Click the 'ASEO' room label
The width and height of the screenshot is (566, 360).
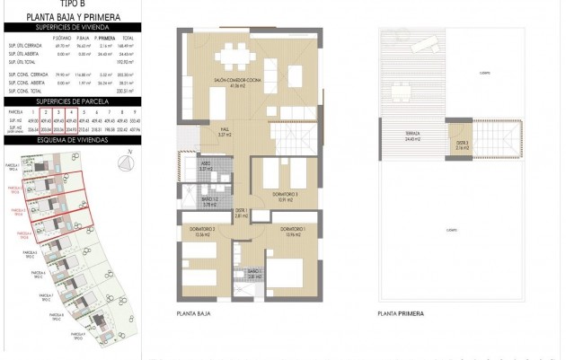(205, 167)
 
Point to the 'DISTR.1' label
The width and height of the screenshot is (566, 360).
(240, 214)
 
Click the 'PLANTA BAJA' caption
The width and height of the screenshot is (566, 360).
(194, 314)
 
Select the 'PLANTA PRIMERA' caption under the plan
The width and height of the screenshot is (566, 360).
(401, 314)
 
